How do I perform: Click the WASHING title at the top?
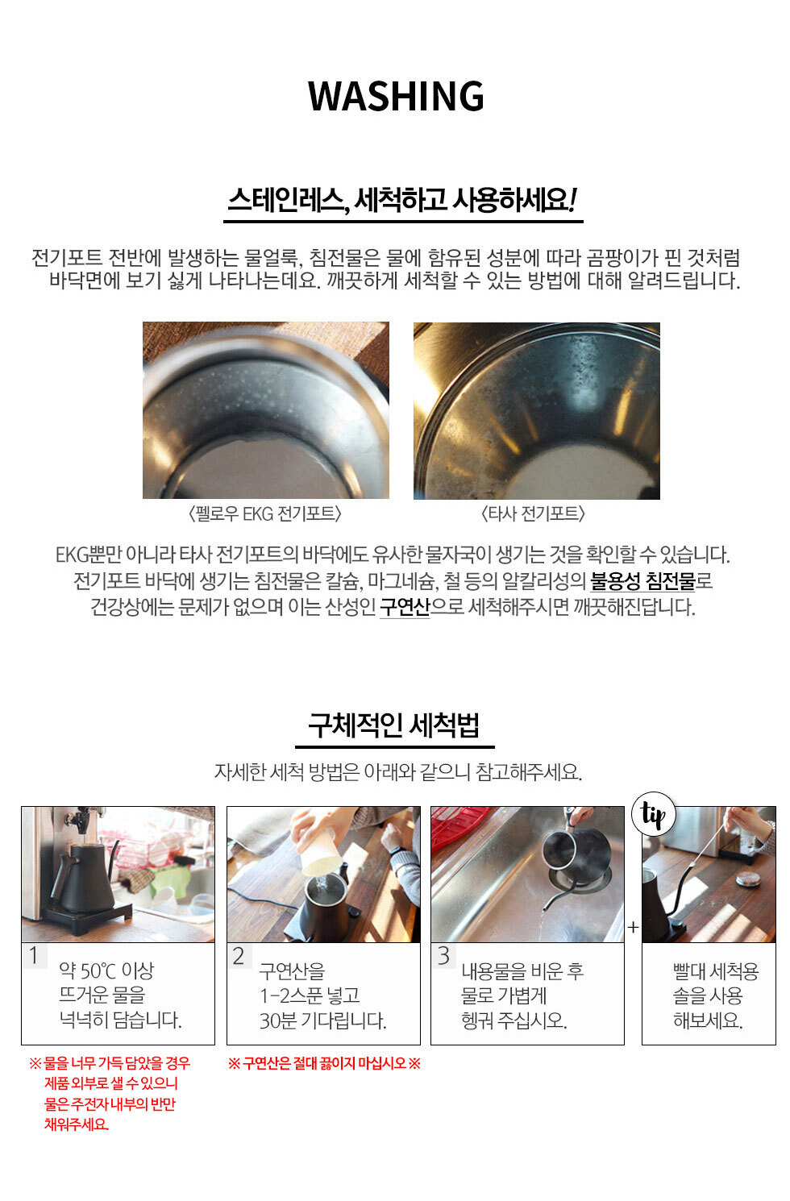pyautogui.click(x=396, y=97)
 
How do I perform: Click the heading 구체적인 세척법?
pyautogui.click(x=394, y=725)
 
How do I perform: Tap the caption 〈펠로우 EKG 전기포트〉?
pyautogui.click(x=265, y=513)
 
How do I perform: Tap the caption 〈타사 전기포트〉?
pyautogui.click(x=533, y=513)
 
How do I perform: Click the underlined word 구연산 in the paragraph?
pyautogui.click(x=405, y=607)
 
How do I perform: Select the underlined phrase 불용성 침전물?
pyautogui.click(x=642, y=580)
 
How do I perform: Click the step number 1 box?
pyautogui.click(x=35, y=955)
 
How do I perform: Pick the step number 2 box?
pyautogui.click(x=239, y=955)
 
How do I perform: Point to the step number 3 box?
pyautogui.click(x=443, y=955)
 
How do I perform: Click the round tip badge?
pyautogui.click(x=654, y=814)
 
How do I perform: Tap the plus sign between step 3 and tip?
pyautogui.click(x=634, y=927)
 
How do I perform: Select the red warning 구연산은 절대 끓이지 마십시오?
pyautogui.click(x=325, y=1063)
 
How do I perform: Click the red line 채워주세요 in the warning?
pyautogui.click(x=76, y=1124)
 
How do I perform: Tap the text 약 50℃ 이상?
pyautogui.click(x=106, y=970)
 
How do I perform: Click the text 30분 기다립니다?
pyautogui.click(x=323, y=1020)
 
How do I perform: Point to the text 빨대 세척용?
pyautogui.click(x=716, y=971)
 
